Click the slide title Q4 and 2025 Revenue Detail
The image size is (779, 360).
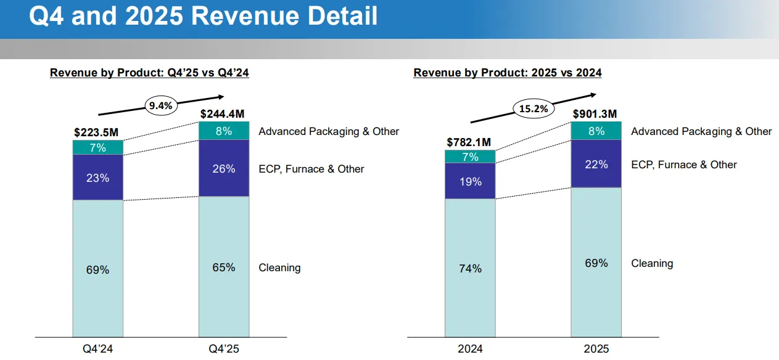point(204,17)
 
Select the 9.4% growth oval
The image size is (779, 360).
point(161,105)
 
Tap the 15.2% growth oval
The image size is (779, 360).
point(534,109)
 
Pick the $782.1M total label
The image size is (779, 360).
point(470,142)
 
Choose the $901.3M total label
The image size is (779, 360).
point(596,113)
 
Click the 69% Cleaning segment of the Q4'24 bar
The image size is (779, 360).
point(98,269)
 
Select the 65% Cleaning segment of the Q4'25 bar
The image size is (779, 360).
point(224,267)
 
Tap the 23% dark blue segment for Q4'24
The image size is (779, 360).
point(98,178)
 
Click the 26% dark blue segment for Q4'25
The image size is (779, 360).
point(224,168)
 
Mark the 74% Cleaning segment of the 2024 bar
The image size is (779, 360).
point(470,268)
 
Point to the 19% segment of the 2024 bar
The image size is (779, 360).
point(470,181)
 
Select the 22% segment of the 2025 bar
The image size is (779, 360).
point(596,164)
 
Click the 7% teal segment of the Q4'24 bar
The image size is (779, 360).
point(98,147)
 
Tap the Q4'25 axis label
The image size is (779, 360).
point(224,349)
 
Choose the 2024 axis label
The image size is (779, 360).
point(470,349)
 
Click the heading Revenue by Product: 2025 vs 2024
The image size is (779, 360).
point(508,73)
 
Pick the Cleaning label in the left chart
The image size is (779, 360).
point(279,268)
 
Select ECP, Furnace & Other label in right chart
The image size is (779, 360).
point(684,165)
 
